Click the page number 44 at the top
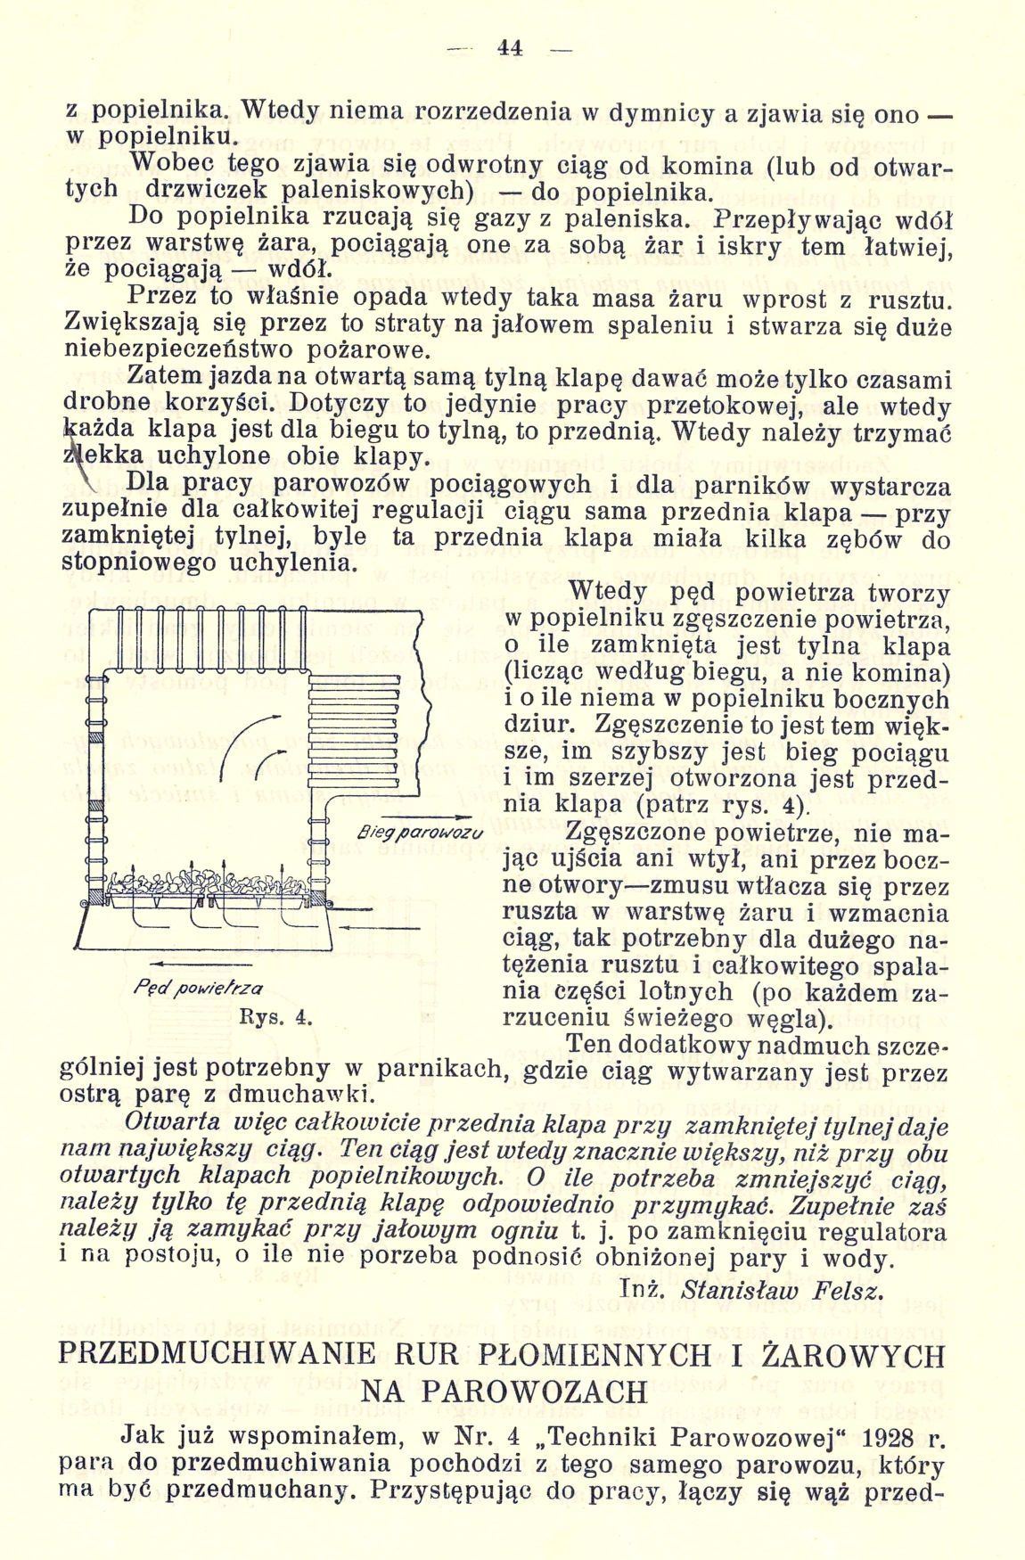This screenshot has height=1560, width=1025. coord(511,49)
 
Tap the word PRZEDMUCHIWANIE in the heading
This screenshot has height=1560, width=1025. coord(217,1356)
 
